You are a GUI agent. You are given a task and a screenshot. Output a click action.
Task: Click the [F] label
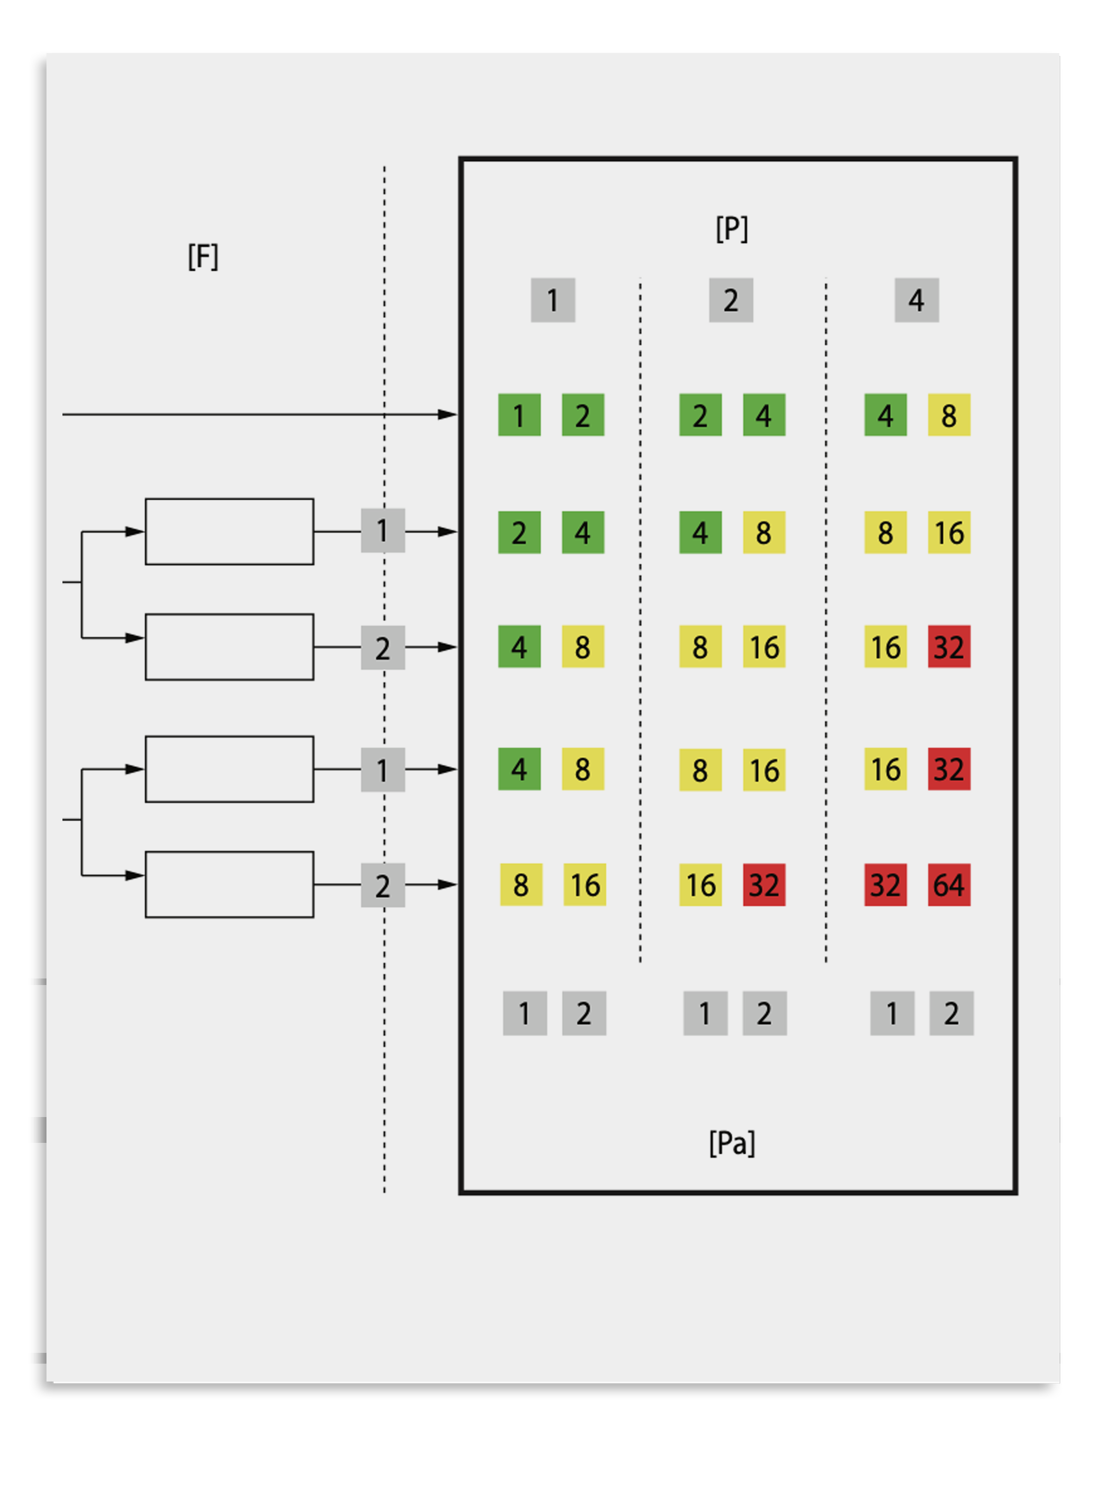pyautogui.click(x=203, y=257)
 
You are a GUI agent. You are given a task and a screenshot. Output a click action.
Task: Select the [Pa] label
pyautogui.click(x=731, y=1143)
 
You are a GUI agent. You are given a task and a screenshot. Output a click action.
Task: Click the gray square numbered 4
pyautogui.click(x=916, y=300)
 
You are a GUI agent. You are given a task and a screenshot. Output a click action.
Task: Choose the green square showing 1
pyautogui.click(x=519, y=415)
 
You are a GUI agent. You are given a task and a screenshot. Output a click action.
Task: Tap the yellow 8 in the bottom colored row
pyautogui.click(x=521, y=885)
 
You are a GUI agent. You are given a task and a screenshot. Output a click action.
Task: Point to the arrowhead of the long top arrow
pyautogui.click(x=448, y=415)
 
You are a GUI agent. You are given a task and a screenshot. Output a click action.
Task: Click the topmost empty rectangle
pyautogui.click(x=229, y=532)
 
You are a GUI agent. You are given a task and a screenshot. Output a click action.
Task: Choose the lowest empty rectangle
pyautogui.click(x=229, y=885)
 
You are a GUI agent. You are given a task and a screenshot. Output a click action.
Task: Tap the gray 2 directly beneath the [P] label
pyautogui.click(x=731, y=300)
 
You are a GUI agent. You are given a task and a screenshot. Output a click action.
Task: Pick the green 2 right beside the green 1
pyautogui.click(x=583, y=415)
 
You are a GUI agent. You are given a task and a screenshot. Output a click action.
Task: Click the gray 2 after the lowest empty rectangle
pyautogui.click(x=383, y=885)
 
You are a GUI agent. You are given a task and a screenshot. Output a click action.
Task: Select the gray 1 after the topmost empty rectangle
pyautogui.click(x=383, y=531)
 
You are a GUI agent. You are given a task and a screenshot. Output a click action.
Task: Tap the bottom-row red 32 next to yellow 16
pyautogui.click(x=764, y=885)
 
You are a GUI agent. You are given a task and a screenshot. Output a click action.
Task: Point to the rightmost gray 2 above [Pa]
pyautogui.click(x=951, y=1013)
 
